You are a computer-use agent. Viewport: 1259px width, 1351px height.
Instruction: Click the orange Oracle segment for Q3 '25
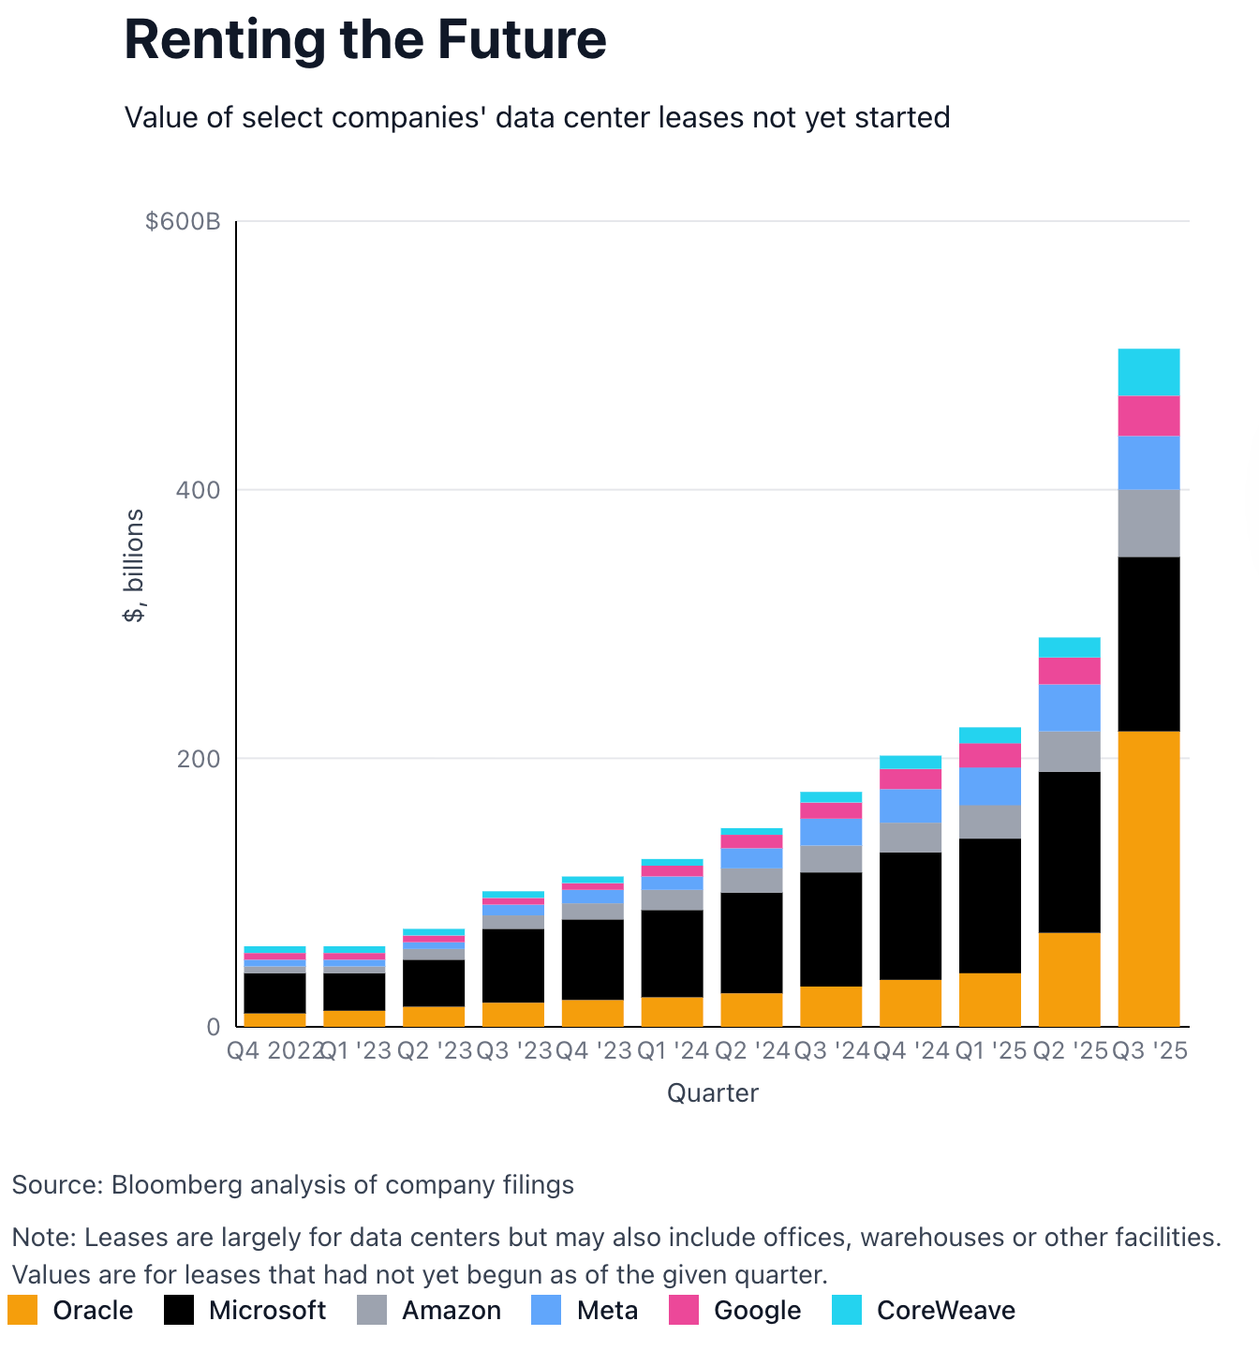[x=1148, y=878]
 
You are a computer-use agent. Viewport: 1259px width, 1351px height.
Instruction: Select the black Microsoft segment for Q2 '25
[x=1069, y=852]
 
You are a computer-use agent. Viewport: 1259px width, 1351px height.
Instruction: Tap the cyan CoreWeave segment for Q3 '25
[x=1148, y=372]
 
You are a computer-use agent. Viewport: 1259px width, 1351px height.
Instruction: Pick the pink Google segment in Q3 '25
[x=1148, y=416]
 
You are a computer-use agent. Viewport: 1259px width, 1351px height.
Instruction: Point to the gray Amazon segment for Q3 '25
[x=1148, y=523]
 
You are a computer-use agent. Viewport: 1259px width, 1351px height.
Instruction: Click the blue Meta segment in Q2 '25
[x=1069, y=707]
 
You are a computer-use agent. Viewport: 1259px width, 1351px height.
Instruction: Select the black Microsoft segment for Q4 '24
[x=911, y=915]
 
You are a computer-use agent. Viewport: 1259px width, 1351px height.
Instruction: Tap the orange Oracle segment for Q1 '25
[x=989, y=999]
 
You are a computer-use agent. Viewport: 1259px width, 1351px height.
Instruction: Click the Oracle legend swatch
[x=22, y=1310]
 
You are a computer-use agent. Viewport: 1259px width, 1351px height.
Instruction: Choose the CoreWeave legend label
[x=945, y=1310]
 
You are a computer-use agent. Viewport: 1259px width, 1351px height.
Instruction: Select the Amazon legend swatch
[x=372, y=1310]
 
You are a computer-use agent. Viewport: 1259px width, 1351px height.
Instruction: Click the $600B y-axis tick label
[x=183, y=221]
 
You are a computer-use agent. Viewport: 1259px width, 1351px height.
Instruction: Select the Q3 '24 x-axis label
[x=832, y=1050]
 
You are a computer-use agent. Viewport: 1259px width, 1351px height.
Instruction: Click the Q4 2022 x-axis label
[x=274, y=1050]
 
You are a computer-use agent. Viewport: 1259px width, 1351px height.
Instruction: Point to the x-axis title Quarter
[x=712, y=1093]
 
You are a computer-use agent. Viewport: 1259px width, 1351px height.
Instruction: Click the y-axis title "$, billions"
[x=134, y=565]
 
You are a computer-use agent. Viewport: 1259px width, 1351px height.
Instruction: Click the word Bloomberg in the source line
[x=171, y=1185]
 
